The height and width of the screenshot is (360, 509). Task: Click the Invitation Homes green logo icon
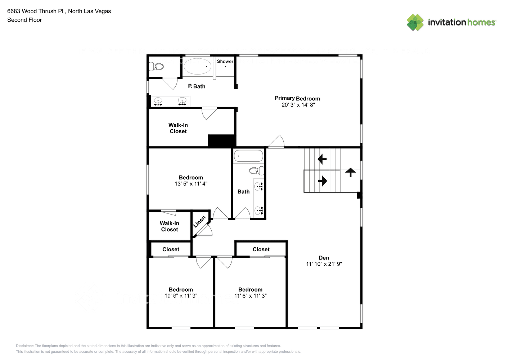point(415,22)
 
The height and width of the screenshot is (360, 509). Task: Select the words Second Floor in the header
point(24,20)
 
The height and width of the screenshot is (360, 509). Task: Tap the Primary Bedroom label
point(297,98)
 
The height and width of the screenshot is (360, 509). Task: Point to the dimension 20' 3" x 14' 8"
point(298,105)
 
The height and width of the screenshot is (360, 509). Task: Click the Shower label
point(225,62)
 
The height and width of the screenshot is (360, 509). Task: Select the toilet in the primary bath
point(157,67)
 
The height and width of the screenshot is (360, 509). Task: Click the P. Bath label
point(197,86)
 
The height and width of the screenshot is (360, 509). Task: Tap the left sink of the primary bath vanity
point(158,101)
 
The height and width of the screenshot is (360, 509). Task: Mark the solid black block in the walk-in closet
point(222,140)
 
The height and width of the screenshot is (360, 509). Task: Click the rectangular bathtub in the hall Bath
point(248,156)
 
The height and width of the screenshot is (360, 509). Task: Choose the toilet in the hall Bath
point(256,171)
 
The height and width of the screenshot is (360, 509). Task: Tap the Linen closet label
point(199,221)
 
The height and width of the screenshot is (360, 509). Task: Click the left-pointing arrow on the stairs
point(322,159)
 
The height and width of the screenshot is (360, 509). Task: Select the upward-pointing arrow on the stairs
point(350,172)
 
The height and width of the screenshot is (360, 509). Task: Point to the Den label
point(324,258)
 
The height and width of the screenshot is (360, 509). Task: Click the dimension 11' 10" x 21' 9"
point(324,264)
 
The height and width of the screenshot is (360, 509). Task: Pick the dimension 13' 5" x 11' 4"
point(191,184)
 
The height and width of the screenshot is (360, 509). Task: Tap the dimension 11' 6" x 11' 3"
point(250,296)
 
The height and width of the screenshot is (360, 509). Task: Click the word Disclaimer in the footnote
point(24,346)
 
